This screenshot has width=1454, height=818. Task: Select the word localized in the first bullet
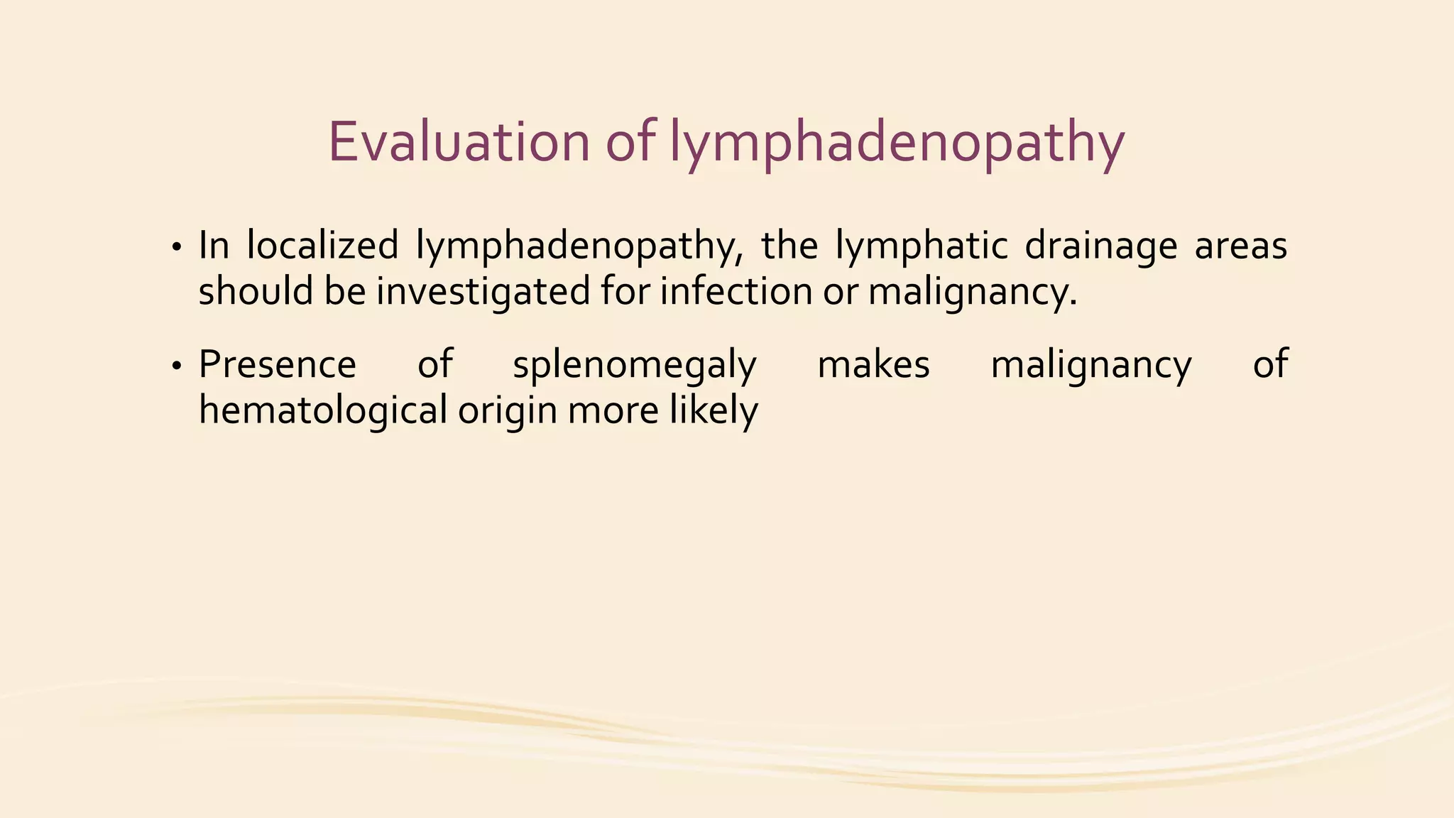coord(322,246)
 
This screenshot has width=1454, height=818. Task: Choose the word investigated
coord(483,293)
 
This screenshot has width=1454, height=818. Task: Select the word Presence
coord(277,365)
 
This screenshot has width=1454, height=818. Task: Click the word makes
coord(873,365)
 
